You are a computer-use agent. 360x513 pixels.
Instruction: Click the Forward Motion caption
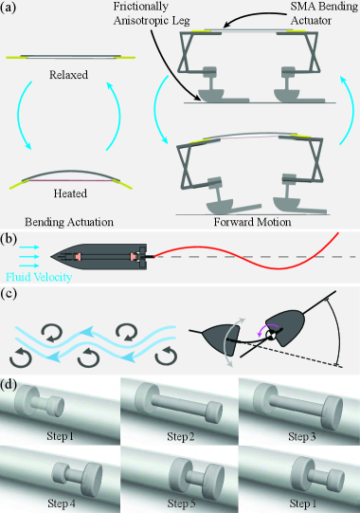point(259,221)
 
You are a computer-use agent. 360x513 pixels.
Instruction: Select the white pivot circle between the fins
point(270,336)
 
